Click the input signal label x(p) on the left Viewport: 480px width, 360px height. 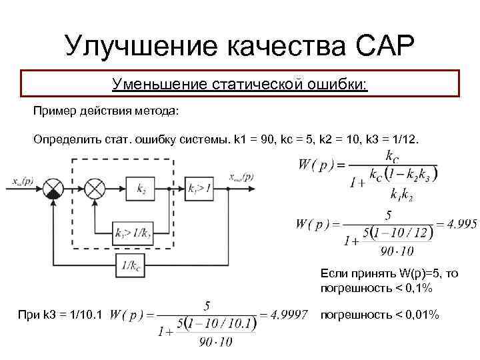22,179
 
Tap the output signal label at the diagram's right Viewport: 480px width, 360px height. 241,177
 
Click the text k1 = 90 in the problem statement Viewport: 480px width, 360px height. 254,140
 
